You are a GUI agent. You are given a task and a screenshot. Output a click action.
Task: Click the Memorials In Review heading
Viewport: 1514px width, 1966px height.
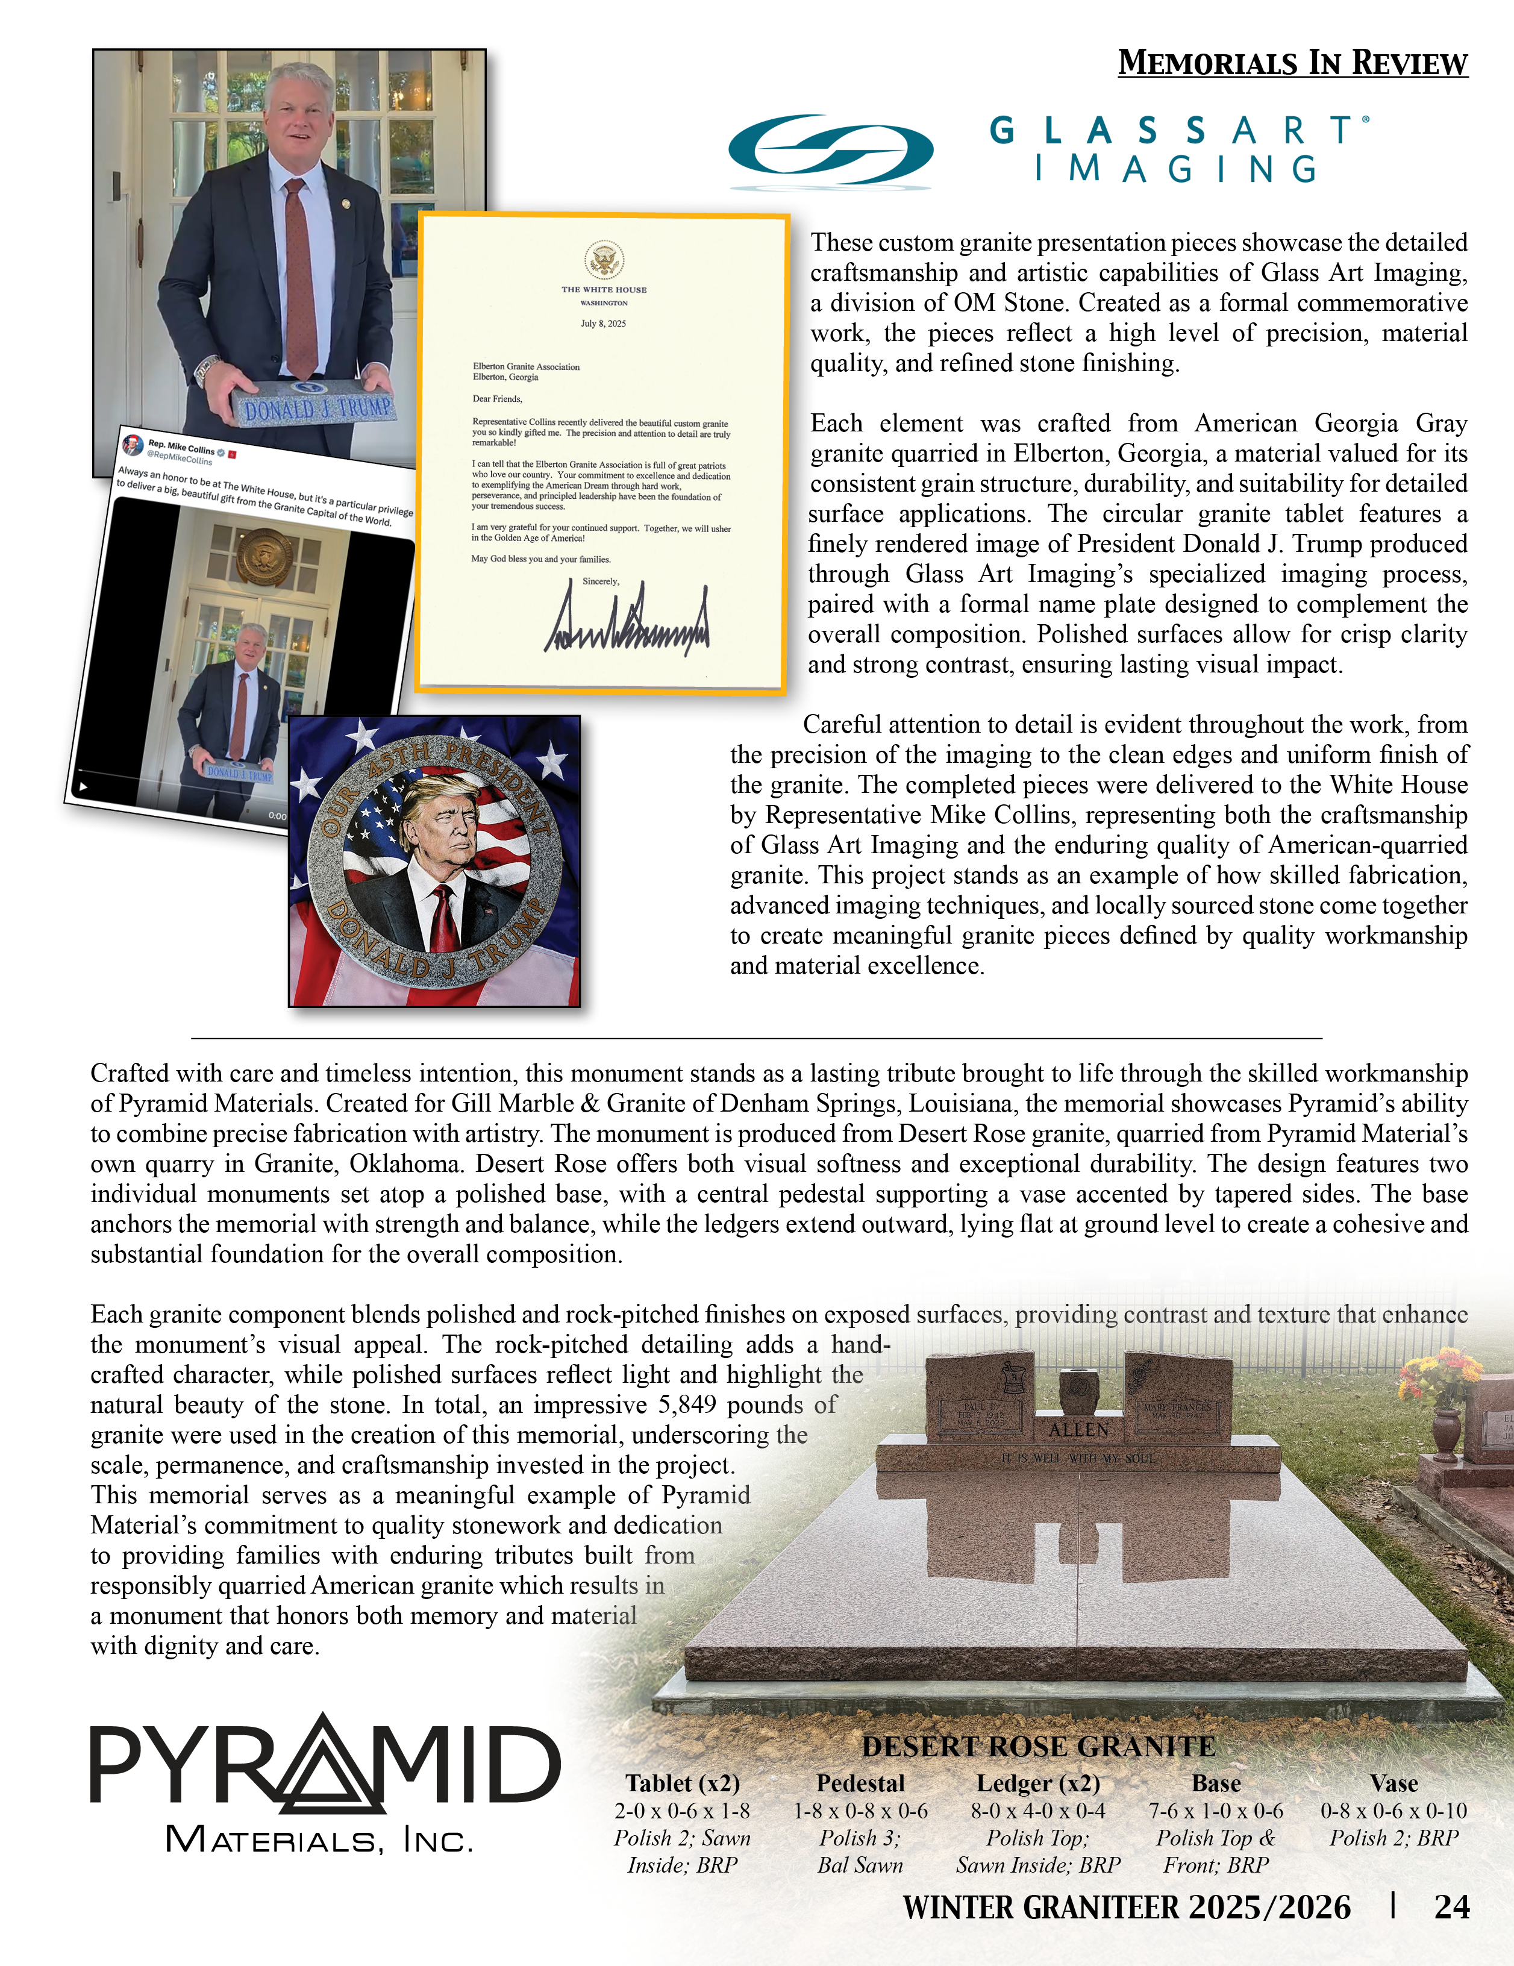coord(1292,63)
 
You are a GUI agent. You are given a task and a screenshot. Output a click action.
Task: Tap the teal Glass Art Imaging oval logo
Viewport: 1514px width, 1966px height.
coord(830,151)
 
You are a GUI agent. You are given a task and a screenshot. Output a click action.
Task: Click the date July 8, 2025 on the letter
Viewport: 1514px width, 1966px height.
coord(603,323)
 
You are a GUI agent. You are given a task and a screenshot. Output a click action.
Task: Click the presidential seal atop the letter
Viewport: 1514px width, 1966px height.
coord(604,260)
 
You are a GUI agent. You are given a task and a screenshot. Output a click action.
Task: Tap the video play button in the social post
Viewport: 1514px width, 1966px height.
coord(84,786)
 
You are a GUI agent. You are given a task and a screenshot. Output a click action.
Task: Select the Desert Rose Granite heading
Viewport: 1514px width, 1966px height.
coord(1039,1746)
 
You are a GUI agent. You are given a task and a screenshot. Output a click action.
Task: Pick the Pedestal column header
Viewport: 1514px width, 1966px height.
coord(860,1783)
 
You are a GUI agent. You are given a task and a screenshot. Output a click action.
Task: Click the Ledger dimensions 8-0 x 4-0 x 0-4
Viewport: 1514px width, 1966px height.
coord(1038,1811)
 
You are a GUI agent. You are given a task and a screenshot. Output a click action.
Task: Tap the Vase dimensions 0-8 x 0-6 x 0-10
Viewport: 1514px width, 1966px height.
coord(1394,1811)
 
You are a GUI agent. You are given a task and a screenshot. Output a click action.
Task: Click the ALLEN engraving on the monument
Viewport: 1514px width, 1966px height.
coord(1079,1430)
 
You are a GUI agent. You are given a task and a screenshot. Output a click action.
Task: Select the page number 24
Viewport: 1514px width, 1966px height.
coord(1451,1906)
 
